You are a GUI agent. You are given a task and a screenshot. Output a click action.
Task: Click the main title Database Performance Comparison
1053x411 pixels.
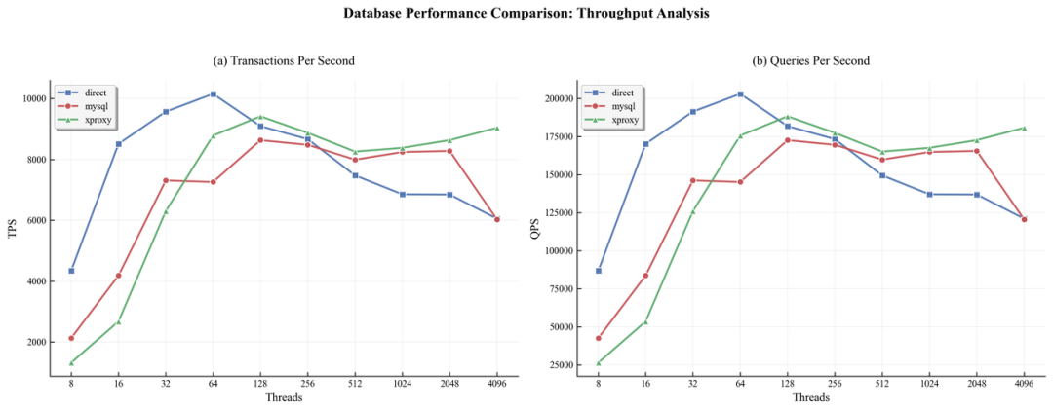click(x=526, y=14)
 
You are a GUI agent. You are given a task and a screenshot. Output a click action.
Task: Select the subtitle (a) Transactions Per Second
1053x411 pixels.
click(x=284, y=60)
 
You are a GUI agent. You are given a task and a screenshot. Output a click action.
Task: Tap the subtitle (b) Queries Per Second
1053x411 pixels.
click(x=811, y=60)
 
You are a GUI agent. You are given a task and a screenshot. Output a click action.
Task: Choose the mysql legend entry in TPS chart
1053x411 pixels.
click(x=89, y=105)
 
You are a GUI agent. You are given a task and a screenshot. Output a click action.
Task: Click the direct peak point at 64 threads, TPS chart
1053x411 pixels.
click(x=214, y=93)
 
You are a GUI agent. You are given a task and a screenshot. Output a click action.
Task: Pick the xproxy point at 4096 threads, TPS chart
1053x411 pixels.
click(x=497, y=128)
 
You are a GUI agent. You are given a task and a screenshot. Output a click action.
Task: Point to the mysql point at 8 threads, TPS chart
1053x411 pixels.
click(x=71, y=338)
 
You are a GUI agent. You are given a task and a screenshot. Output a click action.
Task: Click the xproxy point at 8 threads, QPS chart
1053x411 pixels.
click(x=598, y=363)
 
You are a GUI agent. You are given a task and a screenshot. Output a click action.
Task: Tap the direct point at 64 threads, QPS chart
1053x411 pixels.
click(x=740, y=93)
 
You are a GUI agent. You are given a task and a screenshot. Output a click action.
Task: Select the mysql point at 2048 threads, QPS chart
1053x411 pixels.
click(x=977, y=150)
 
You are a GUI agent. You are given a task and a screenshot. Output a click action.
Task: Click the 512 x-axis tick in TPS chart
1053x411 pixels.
click(x=355, y=384)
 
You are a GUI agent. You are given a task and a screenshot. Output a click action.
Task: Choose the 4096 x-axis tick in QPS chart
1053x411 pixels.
click(x=1024, y=384)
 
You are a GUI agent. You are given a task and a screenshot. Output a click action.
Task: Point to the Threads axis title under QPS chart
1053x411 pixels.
click(x=811, y=397)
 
